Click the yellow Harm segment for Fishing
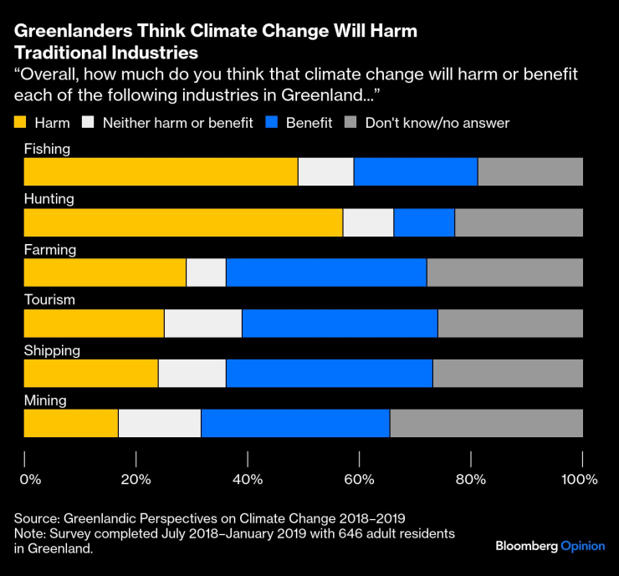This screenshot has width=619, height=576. point(161,172)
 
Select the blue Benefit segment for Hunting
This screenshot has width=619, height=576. point(424,222)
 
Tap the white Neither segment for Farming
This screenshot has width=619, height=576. point(206,273)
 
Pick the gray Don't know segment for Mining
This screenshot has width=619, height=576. point(486,423)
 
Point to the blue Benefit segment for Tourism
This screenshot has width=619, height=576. point(340,323)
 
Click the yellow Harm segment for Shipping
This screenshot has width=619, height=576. point(90,373)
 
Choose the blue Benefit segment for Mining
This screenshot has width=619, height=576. point(295,423)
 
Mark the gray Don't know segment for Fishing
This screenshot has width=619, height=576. point(530,172)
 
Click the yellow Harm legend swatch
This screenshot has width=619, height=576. point(21,123)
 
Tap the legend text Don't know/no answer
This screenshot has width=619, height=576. point(437,123)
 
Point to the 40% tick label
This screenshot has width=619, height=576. point(248,480)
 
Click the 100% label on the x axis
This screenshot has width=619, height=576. point(580,480)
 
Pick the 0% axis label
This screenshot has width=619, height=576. point(29,480)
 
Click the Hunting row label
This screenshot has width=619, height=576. point(49,199)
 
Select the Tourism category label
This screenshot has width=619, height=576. point(50,299)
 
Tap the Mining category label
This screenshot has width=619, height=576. point(45,400)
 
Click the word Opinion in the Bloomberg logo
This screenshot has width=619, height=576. point(583,546)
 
